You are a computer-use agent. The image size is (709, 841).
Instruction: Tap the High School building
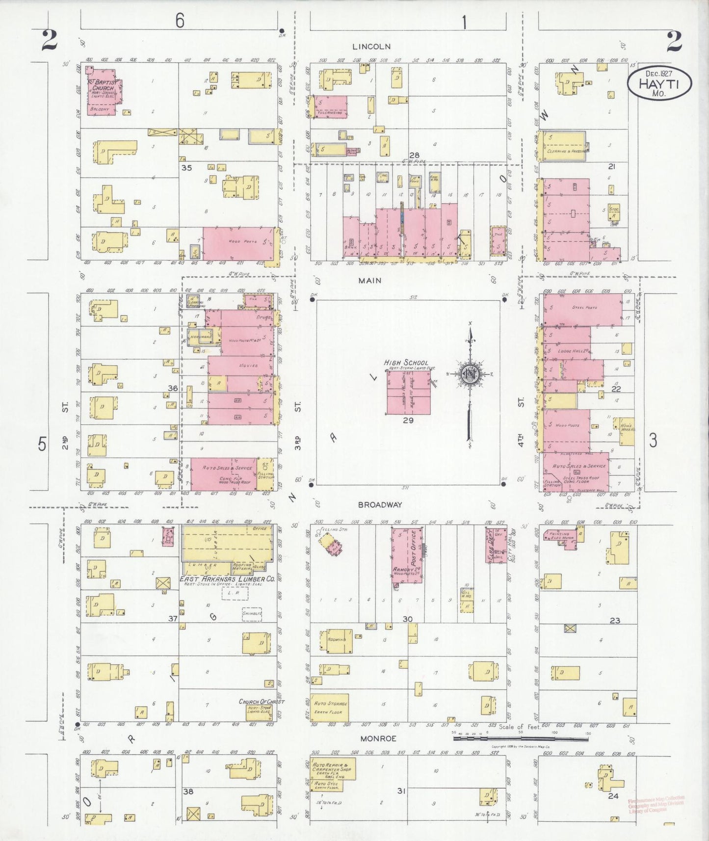(408, 393)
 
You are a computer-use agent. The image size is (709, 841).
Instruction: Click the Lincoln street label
(371, 47)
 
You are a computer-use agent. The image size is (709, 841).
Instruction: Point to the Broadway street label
(380, 504)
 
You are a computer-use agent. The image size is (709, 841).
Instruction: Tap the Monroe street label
(378, 738)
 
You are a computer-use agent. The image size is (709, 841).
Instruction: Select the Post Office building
(406, 554)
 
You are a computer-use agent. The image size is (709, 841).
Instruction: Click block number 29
(408, 420)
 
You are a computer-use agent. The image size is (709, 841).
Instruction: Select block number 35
(186, 167)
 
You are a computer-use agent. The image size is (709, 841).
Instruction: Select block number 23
(615, 620)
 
